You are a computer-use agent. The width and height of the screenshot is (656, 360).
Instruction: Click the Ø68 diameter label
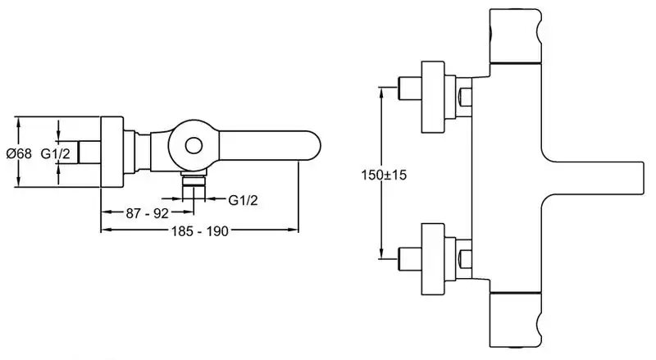19,153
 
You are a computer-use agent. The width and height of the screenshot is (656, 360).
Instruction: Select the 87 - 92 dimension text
147,213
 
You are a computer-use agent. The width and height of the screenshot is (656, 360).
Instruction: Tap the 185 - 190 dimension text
200,231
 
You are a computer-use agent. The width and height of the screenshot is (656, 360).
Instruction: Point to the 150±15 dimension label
384,175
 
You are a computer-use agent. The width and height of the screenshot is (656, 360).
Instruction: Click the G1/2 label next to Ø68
55,153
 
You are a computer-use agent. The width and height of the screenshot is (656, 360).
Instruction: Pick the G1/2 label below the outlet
243,200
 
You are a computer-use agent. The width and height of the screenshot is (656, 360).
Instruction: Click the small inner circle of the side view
194,146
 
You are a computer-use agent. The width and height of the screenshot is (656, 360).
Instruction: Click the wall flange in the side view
112,152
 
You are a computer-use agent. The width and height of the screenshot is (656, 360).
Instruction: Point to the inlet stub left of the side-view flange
89,152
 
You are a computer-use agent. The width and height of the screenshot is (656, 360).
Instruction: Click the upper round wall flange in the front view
432,97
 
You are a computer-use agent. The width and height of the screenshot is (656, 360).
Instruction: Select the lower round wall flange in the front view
432,259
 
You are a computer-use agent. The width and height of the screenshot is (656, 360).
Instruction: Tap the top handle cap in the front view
517,36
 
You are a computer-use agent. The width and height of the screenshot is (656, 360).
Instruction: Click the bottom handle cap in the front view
517,320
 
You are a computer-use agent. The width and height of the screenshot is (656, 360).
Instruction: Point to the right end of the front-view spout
644,178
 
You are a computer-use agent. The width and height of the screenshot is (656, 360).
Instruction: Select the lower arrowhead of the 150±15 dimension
381,253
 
